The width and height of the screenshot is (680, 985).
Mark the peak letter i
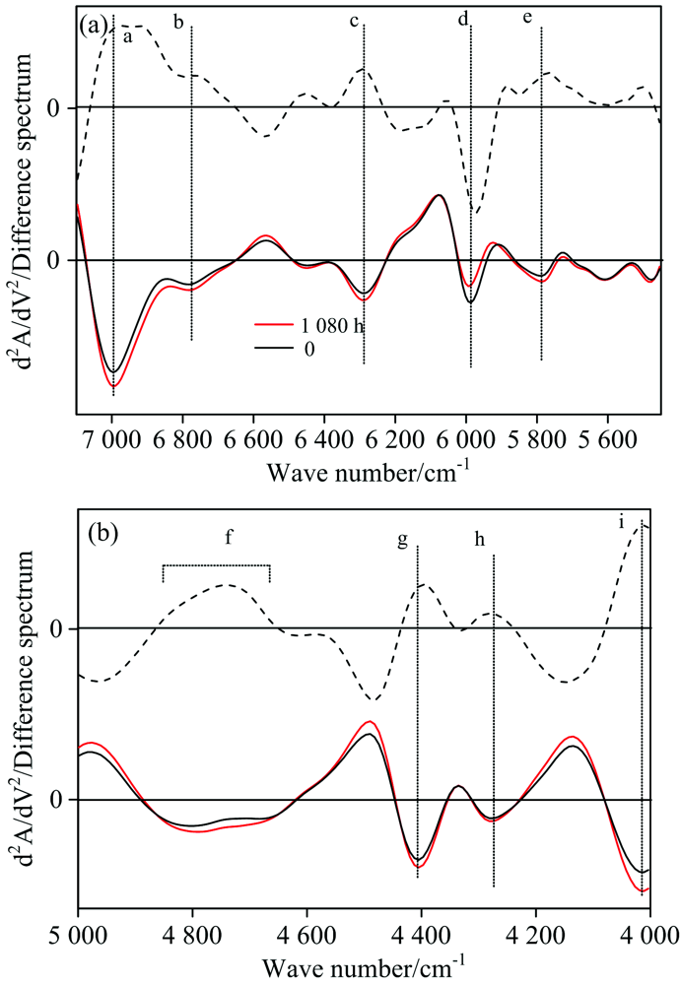pyautogui.click(x=621, y=522)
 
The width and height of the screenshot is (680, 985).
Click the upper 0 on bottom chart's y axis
pyautogui.click(x=56, y=627)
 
